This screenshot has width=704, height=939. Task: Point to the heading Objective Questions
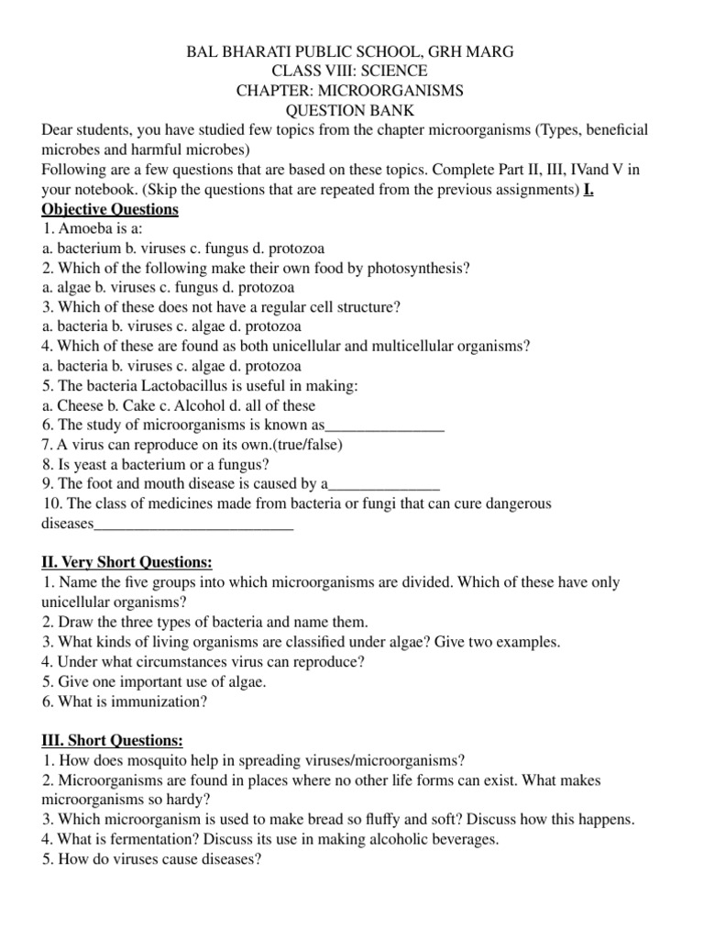tap(110, 210)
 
